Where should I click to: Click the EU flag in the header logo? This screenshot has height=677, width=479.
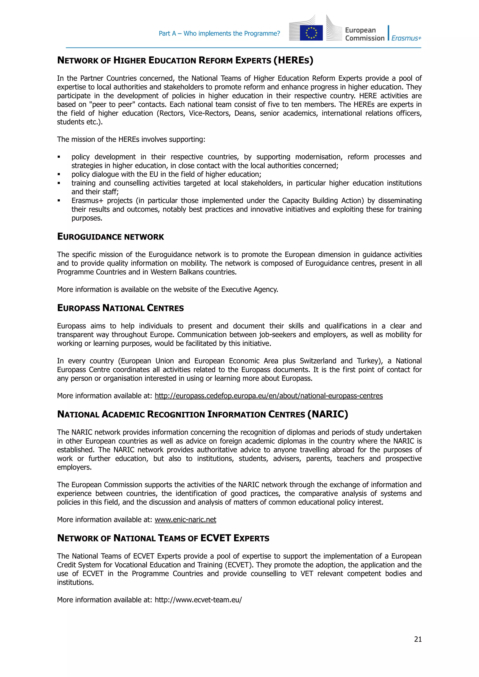tap(311, 33)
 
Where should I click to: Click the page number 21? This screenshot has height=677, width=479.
tap(418, 639)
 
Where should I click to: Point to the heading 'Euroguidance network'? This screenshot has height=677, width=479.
tap(110, 237)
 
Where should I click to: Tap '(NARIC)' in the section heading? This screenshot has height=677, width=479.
tap(328, 414)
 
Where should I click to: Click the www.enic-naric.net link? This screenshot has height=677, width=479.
tap(185, 519)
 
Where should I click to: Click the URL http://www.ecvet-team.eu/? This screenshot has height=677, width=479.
tap(198, 600)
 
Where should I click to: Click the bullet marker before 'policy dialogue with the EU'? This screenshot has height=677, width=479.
tap(59, 175)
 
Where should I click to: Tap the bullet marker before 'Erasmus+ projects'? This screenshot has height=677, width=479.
tap(59, 201)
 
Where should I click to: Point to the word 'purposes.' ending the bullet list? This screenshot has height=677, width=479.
tap(87, 218)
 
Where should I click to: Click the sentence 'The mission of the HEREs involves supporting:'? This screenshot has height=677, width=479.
tap(131, 139)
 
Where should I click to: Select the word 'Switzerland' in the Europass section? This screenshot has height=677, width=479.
tap(318, 361)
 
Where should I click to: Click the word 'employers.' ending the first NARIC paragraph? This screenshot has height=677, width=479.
tap(74, 467)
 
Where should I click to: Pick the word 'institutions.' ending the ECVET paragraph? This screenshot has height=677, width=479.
tap(75, 582)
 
